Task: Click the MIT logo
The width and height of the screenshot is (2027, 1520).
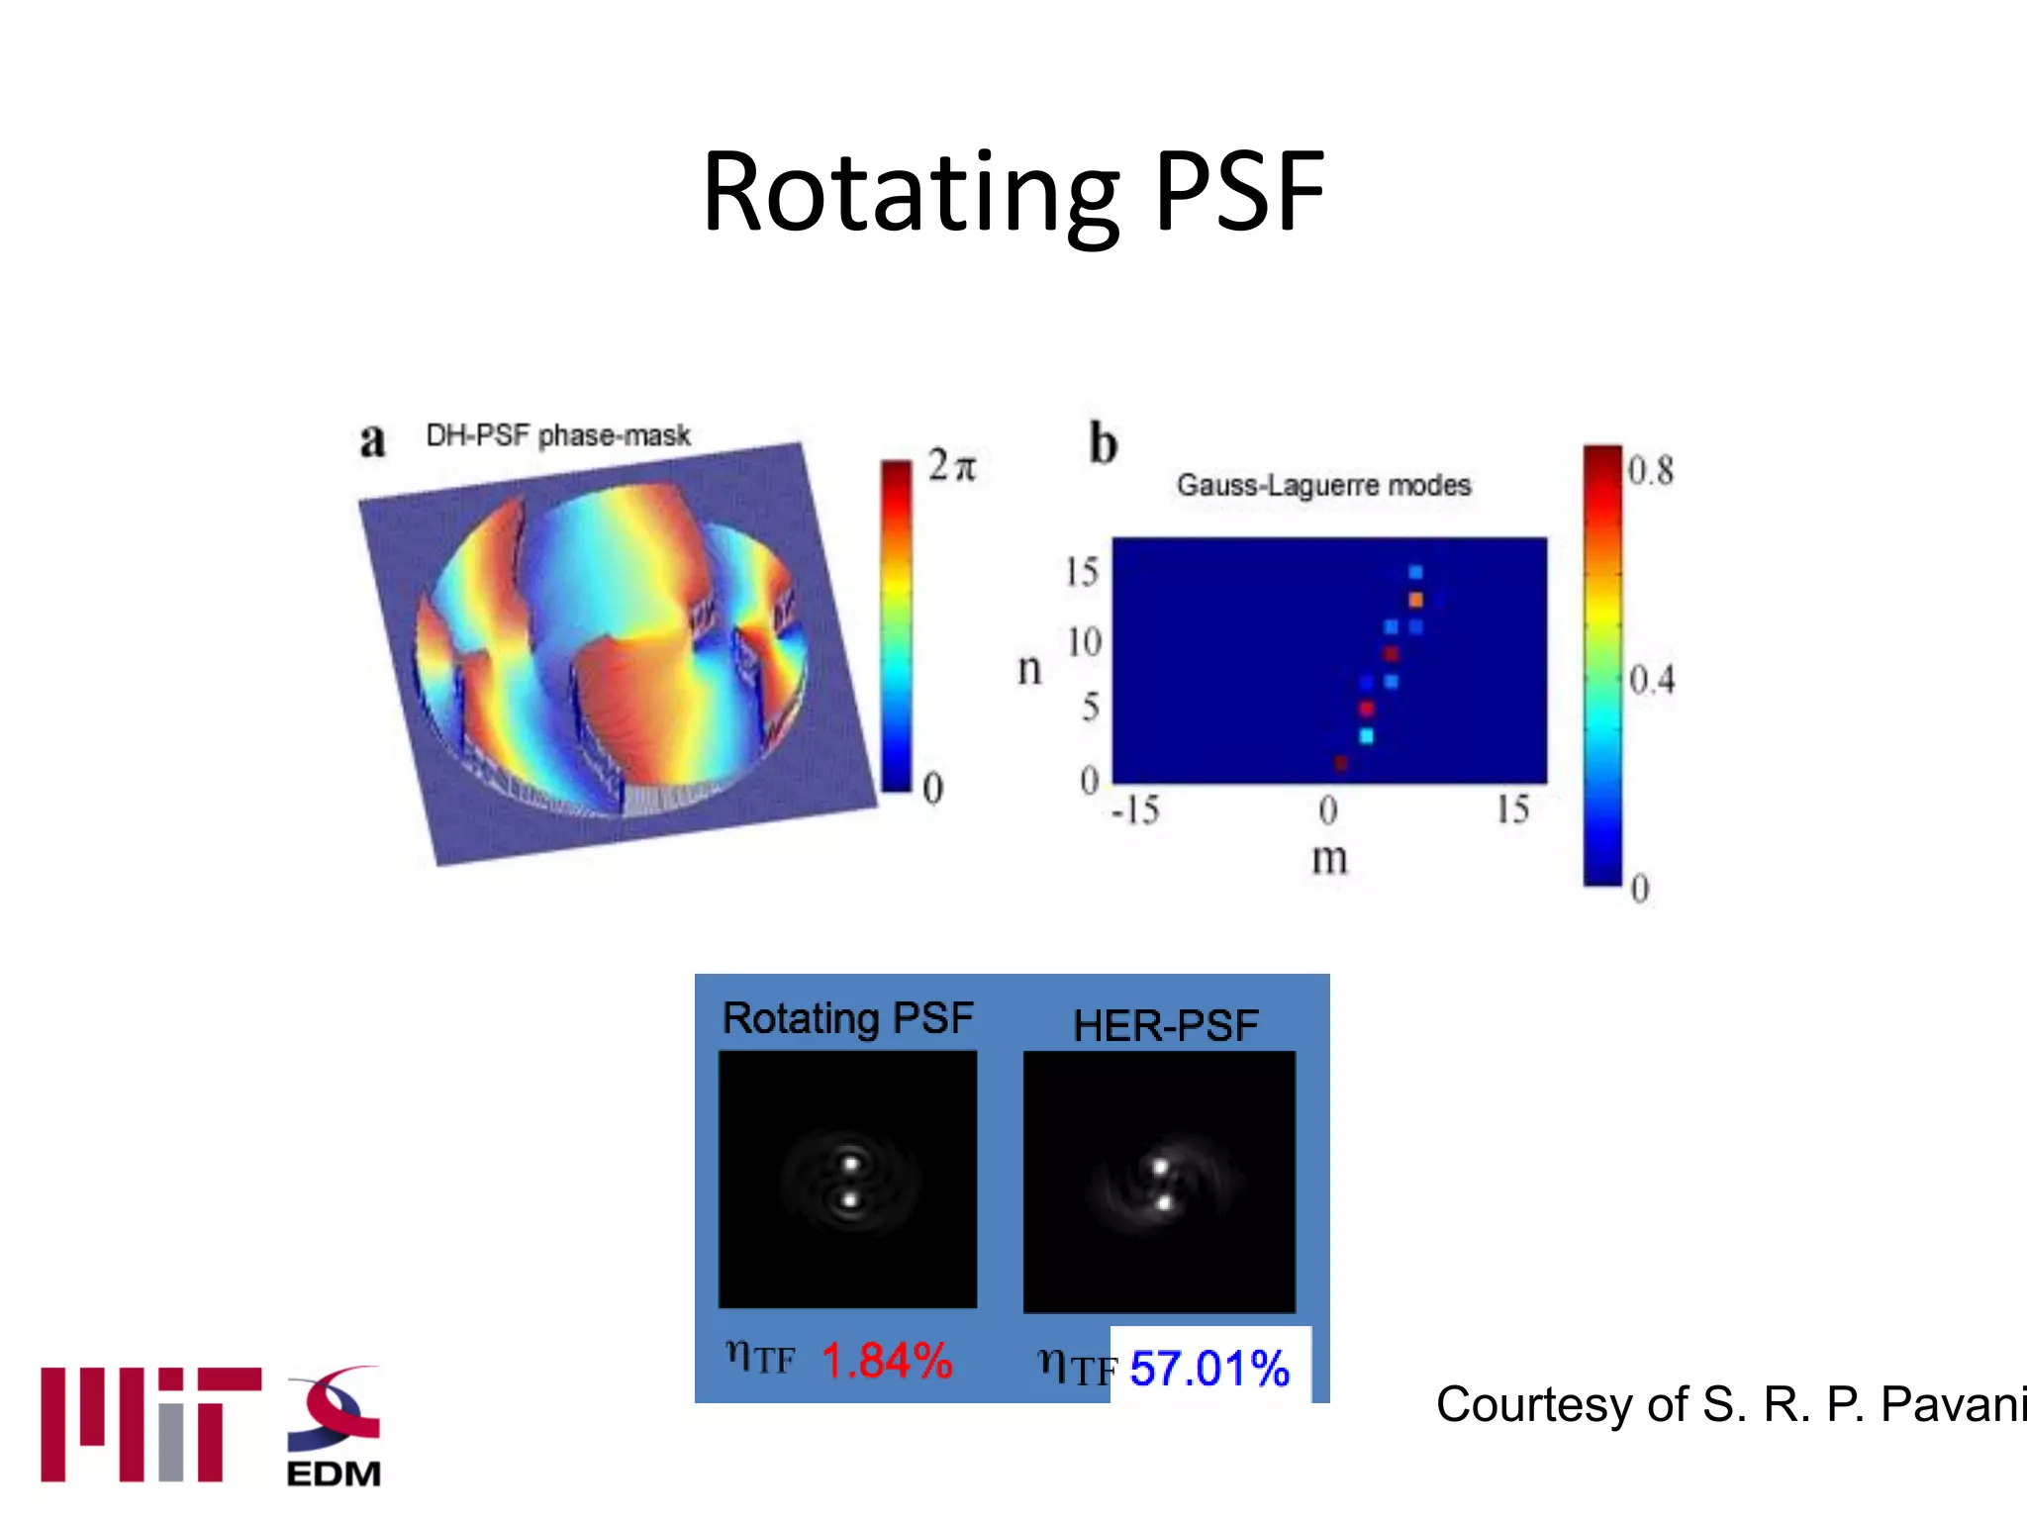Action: coord(150,1425)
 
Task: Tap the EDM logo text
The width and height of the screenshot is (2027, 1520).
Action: coord(334,1473)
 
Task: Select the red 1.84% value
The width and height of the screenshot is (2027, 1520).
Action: coord(887,1361)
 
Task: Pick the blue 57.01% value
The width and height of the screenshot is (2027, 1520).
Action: coord(1209,1369)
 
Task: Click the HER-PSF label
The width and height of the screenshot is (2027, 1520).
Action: coord(1165,1025)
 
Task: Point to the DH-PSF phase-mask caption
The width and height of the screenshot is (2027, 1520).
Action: coord(557,435)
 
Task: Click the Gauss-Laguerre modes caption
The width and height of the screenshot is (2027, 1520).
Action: coord(1323,485)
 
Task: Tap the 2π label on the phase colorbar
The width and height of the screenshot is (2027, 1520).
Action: coord(951,465)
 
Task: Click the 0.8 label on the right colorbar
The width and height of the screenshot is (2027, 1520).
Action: coord(1650,470)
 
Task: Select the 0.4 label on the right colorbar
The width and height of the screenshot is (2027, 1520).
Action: coord(1651,680)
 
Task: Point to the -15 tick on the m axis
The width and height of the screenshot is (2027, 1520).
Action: coord(1134,810)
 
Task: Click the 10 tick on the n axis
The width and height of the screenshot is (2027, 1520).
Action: coord(1083,643)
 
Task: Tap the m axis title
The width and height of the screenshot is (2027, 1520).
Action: coord(1329,858)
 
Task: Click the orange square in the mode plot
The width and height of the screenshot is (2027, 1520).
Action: coord(1415,600)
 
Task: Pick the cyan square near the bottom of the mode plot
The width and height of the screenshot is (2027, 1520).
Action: coord(1367,735)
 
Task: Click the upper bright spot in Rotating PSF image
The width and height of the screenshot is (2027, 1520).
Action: coord(849,1163)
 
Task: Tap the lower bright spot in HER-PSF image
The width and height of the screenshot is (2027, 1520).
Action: coord(1165,1202)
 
